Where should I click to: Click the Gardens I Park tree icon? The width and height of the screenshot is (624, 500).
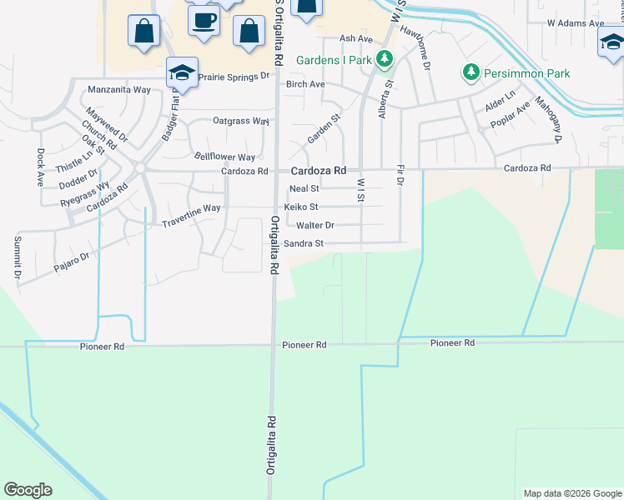(x=385, y=59)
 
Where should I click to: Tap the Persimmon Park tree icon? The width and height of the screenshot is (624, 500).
(x=471, y=73)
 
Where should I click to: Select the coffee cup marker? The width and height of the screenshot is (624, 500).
(x=203, y=19)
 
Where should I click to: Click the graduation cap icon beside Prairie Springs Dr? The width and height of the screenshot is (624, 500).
(x=182, y=72)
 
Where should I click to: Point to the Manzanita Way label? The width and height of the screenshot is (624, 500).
(x=124, y=88)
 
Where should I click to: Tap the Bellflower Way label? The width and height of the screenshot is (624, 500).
(x=224, y=157)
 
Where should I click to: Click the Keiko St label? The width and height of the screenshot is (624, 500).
(x=301, y=207)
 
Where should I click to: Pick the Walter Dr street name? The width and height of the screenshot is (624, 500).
(x=315, y=226)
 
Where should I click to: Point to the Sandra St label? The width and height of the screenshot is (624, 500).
(x=303, y=244)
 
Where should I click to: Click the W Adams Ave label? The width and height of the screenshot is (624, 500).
(x=575, y=23)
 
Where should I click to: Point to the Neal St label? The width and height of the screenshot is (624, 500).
(x=304, y=189)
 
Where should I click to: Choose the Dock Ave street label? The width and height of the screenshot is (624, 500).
(x=40, y=167)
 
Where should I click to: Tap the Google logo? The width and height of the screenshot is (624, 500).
(x=28, y=490)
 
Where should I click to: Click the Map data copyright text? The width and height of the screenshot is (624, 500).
(x=572, y=493)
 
